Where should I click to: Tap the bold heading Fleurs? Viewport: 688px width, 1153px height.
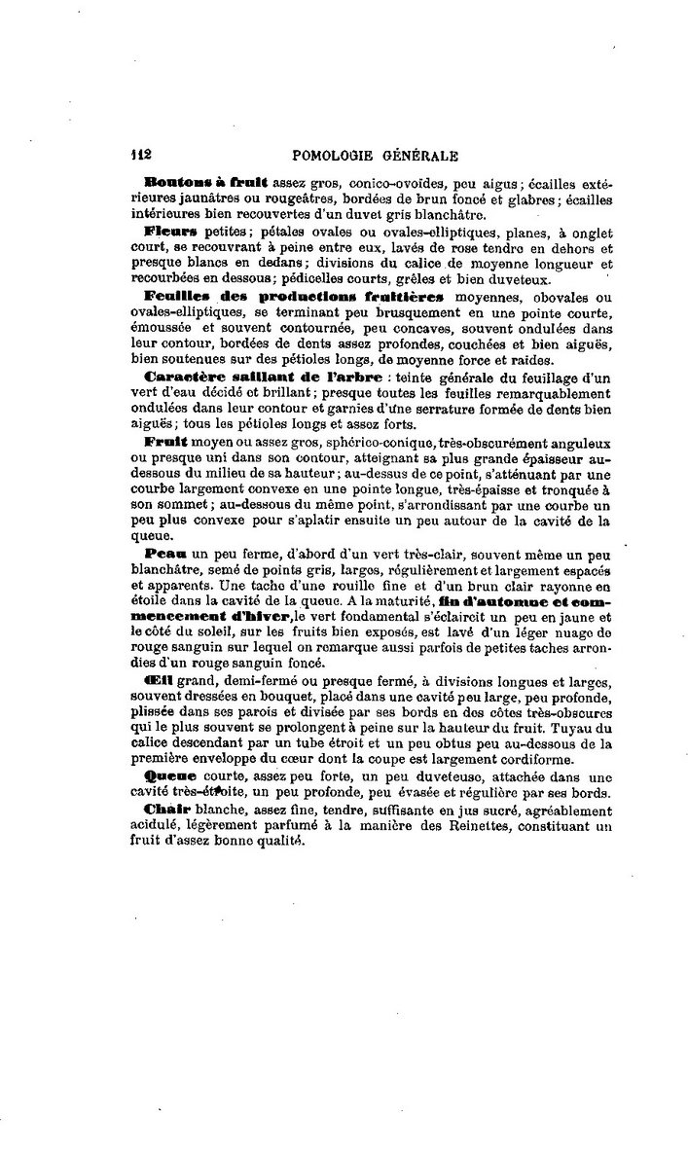coord(170,232)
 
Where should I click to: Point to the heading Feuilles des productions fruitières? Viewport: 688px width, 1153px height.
coord(294,295)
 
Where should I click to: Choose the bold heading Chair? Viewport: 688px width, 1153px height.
coord(166,808)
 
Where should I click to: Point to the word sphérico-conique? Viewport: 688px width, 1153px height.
coord(311,441)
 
